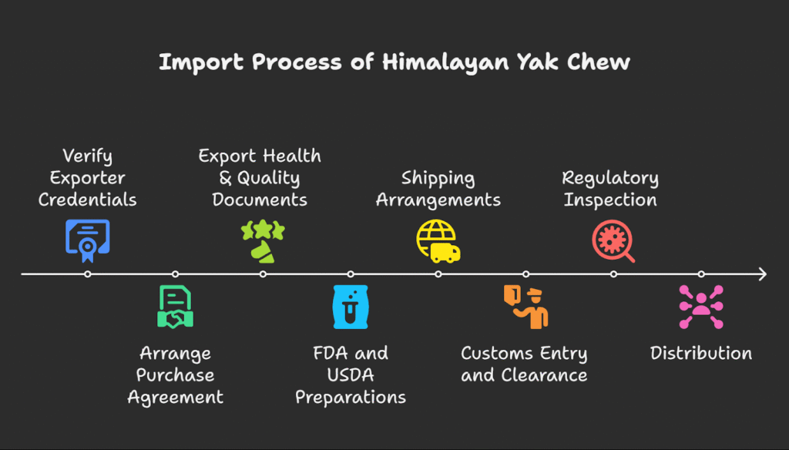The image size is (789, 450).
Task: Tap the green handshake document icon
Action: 175,307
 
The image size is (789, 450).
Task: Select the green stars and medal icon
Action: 263,240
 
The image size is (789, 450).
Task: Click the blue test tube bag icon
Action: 351,307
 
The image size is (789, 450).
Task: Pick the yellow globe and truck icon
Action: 438,240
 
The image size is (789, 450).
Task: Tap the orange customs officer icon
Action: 526,307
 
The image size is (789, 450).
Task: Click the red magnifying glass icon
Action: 613,240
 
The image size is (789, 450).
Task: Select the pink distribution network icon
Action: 701,307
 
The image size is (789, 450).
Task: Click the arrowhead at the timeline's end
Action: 762,274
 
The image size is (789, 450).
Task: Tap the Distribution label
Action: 701,354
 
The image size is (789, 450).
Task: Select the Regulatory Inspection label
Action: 610,189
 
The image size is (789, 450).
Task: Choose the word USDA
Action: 351,375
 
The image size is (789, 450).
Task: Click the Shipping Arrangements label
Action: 438,189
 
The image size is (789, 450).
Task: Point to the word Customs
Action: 492,354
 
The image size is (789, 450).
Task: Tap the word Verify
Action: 87,156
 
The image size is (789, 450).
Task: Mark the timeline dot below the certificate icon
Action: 88,274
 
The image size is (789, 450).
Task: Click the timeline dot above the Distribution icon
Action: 701,274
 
